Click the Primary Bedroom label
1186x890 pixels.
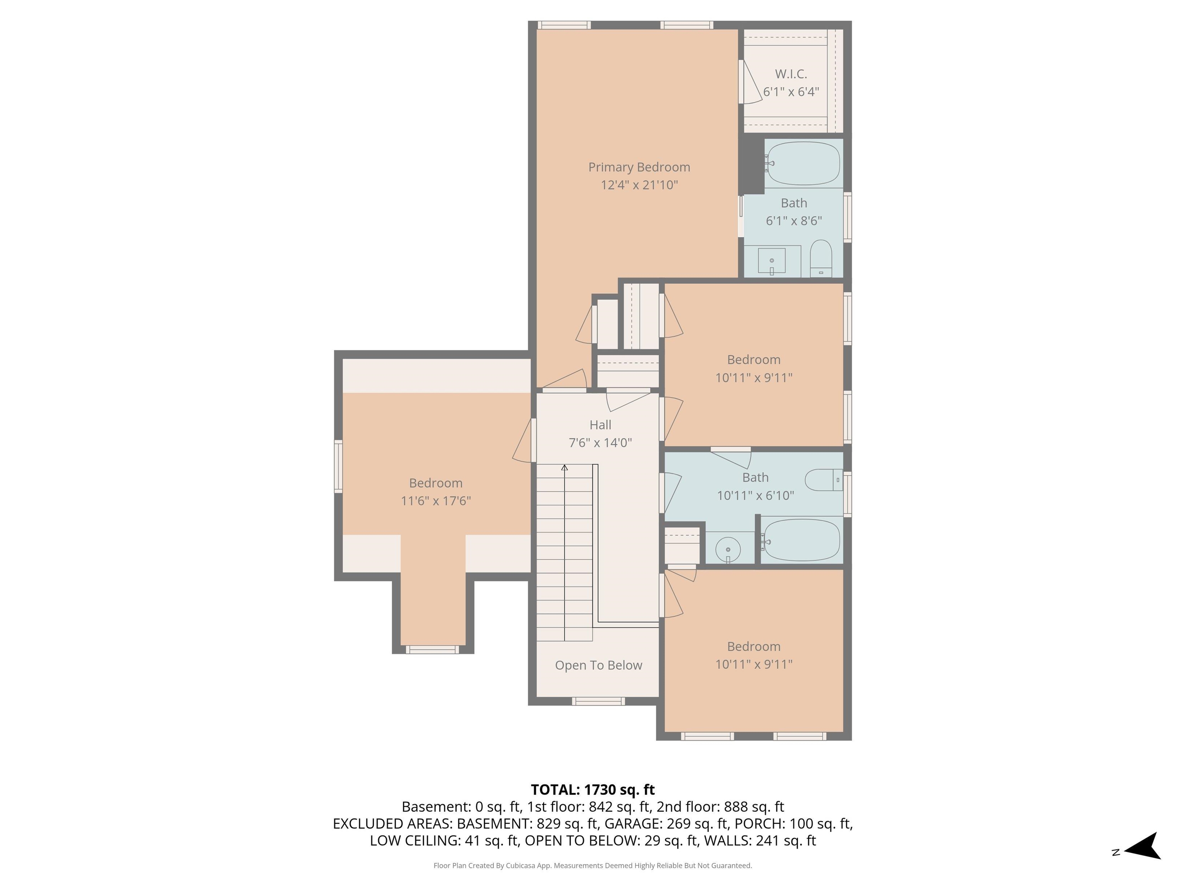click(639, 167)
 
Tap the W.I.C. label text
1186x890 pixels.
click(791, 74)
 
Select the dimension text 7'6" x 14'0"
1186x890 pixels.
click(600, 443)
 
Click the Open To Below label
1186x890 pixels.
click(598, 665)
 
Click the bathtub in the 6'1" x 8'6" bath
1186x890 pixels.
click(803, 163)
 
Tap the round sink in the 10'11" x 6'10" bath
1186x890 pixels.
click(728, 549)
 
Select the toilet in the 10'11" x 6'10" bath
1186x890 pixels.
click(823, 480)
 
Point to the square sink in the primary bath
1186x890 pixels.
click(771, 261)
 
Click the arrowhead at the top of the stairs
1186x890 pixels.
click(564, 468)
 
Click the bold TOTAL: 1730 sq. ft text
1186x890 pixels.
click(593, 790)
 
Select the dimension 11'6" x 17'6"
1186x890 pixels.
click(435, 501)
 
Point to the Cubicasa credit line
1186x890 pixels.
click(593, 865)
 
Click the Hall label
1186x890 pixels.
click(600, 425)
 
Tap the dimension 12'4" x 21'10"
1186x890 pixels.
click(639, 185)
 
